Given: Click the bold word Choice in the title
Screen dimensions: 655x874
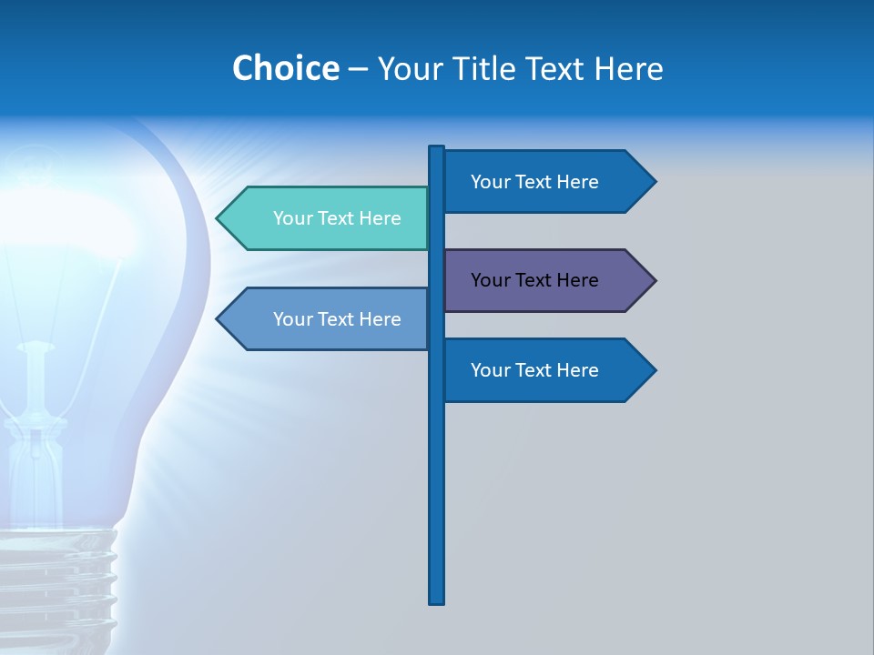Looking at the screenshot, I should coord(285,68).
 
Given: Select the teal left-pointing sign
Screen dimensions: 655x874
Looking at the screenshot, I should coord(328,218).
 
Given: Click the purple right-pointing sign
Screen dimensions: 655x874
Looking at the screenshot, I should coord(546,280).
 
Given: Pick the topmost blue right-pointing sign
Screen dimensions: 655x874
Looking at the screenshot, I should coord(546,182).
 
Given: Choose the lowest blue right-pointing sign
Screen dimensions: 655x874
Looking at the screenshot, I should coord(546,370).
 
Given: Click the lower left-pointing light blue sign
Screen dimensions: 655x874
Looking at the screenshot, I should coord(328,319).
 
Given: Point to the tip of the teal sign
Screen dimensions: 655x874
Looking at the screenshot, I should coord(218,218).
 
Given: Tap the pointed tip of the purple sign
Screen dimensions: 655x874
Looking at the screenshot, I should coord(654,280).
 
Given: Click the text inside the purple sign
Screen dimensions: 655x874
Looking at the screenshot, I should coord(534,280).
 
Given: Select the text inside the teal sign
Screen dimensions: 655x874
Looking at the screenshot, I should coord(337,218).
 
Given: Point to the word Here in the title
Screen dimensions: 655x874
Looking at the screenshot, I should coord(628,68).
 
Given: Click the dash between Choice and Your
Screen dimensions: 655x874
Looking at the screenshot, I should coord(358,69).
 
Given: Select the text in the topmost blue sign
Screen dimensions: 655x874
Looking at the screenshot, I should coord(534,182).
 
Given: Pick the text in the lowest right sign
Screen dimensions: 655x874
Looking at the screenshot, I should coord(534,370).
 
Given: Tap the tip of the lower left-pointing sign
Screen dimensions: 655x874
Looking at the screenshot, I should coord(218,319).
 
